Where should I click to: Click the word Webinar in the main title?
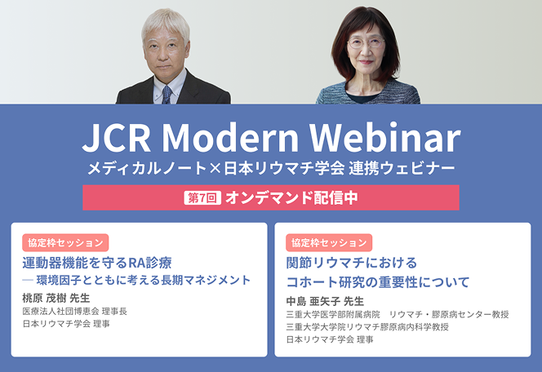coord(384,138)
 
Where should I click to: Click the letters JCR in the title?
coord(117,138)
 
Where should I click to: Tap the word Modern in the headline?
coord(230,138)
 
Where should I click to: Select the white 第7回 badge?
coord(202,197)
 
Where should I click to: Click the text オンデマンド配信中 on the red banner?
coord(291,197)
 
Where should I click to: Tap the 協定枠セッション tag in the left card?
coord(65,243)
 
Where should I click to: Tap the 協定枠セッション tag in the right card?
coord(329,243)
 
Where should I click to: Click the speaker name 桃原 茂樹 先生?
coord(56,298)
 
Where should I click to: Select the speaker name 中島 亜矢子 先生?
coord(325,301)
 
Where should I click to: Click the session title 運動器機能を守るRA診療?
coord(97,263)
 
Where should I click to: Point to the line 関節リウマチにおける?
coord(352,263)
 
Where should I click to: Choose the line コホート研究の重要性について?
coord(378,282)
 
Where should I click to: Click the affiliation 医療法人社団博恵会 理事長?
coord(74,311)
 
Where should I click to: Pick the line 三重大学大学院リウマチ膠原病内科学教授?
coord(367,327)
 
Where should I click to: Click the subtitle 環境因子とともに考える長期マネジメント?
coord(144,280)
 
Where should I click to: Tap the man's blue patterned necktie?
coord(167,95)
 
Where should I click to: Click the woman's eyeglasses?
coord(366,43)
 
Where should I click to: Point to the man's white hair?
coord(165,23)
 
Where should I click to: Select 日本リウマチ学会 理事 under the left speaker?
coord(66,324)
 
